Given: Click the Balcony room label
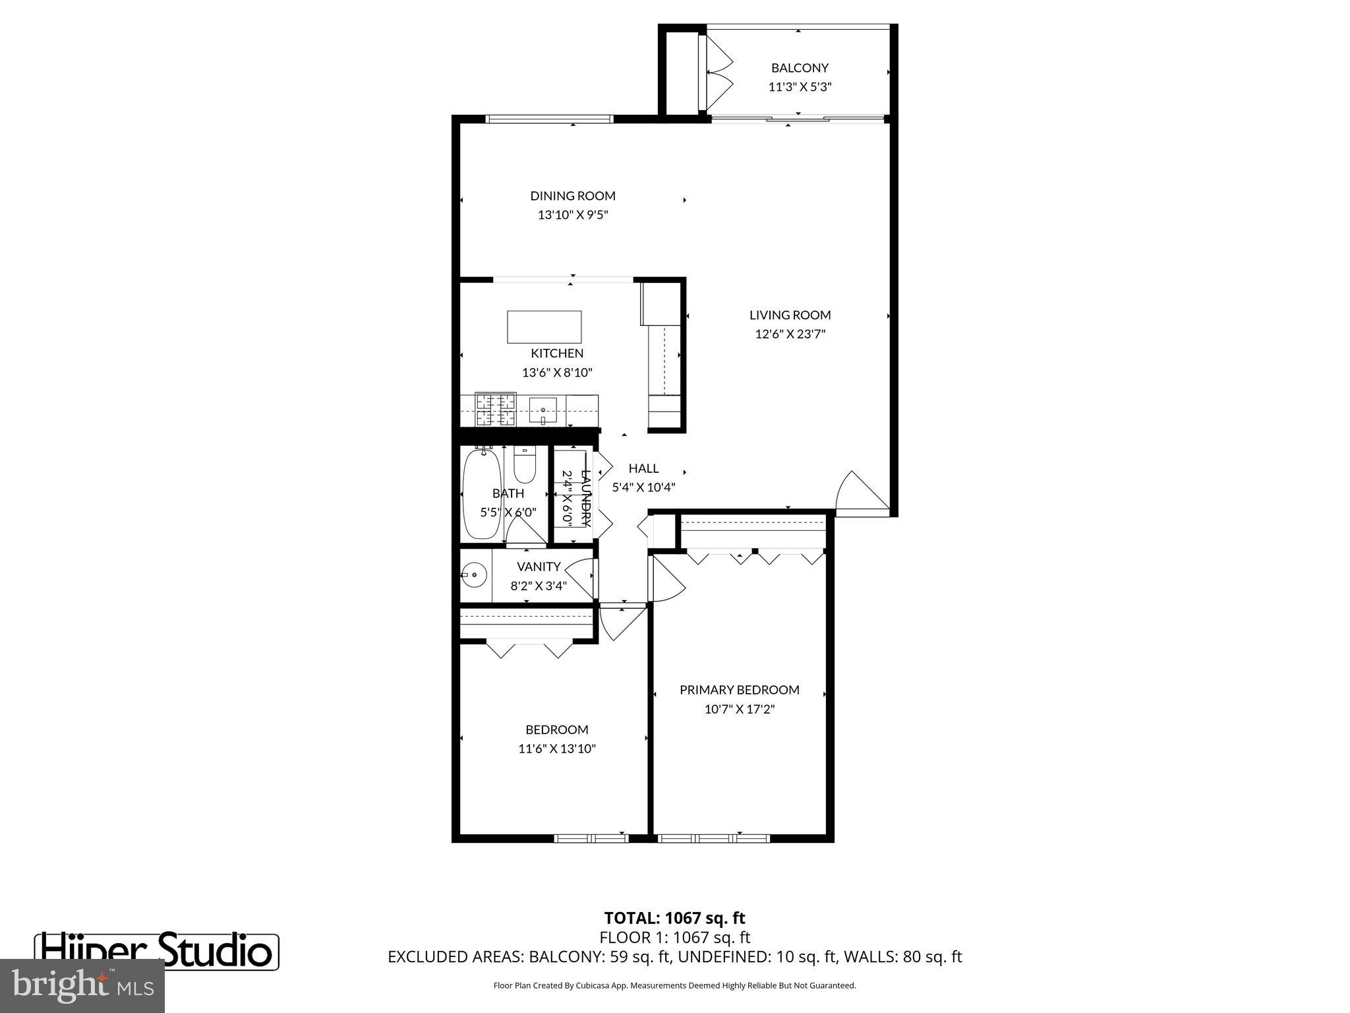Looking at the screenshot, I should pyautogui.click(x=800, y=68).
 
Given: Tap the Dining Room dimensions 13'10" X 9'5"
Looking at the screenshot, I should pyautogui.click(x=572, y=215).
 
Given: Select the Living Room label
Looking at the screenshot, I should pyautogui.click(x=790, y=315).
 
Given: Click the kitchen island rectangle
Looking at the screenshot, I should pyautogui.click(x=544, y=326).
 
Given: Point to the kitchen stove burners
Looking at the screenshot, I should pyautogui.click(x=496, y=410).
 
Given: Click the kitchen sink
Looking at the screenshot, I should pyautogui.click(x=543, y=410).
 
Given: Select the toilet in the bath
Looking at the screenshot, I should pyautogui.click(x=525, y=465).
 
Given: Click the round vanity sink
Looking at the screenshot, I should pyautogui.click(x=473, y=575).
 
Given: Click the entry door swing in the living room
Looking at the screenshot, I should pyautogui.click(x=860, y=493).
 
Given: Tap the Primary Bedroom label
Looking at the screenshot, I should pyautogui.click(x=739, y=690).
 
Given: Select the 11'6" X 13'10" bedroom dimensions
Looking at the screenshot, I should pyautogui.click(x=557, y=749).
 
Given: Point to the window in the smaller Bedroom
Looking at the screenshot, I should pyautogui.click(x=591, y=838).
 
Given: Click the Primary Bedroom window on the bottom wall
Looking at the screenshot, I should pyautogui.click(x=714, y=838).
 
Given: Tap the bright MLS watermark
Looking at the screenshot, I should pyautogui.click(x=82, y=985).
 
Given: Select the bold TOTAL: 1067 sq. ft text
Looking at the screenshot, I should pyautogui.click(x=674, y=918).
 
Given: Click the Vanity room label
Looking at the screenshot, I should pyautogui.click(x=539, y=567).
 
